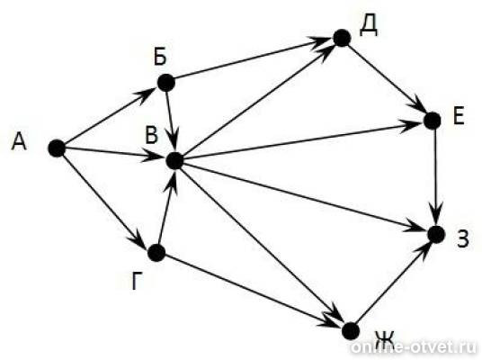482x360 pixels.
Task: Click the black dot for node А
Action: tap(57, 148)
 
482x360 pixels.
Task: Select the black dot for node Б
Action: tap(166, 83)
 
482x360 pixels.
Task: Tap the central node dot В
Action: tap(174, 160)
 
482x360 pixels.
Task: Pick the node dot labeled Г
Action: tap(156, 253)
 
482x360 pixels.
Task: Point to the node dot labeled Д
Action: tap(342, 38)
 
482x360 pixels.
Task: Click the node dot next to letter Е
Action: tap(433, 121)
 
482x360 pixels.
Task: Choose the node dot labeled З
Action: tap(436, 235)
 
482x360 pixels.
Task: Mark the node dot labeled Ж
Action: tap(351, 331)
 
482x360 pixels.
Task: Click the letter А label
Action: tap(19, 142)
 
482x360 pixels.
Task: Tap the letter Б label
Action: tap(160, 57)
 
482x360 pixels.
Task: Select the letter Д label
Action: tap(369, 26)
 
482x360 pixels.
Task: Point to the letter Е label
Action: tap(459, 117)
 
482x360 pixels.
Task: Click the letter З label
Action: tap(463, 239)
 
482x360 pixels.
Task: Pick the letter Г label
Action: tap(138, 281)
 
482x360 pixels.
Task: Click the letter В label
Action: tap(152, 135)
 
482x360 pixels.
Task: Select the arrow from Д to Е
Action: tap(387, 79)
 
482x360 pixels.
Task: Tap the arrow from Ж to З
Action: tap(394, 283)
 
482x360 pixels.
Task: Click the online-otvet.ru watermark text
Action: tap(414, 347)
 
